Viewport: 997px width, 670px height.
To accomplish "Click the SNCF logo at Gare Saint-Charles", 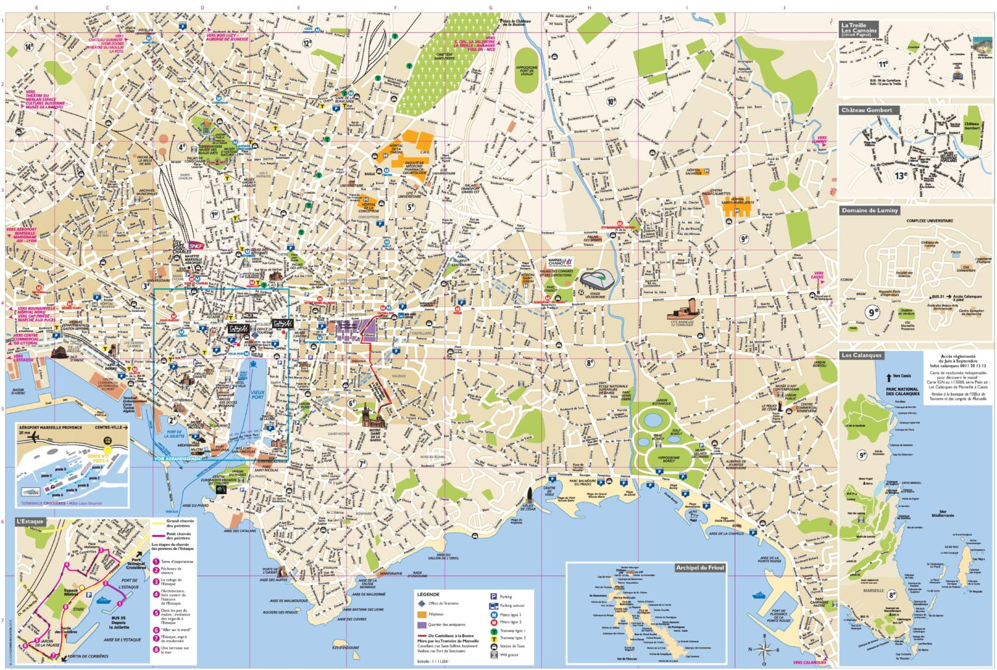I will tap(196, 246).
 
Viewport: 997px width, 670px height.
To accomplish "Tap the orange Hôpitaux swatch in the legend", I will tap(423, 614).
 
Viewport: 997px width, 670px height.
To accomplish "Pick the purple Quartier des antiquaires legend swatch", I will tap(423, 625).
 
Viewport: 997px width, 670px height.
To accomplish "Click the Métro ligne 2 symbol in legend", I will tap(493, 622).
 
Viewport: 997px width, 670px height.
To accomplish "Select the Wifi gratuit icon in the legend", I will tap(493, 654).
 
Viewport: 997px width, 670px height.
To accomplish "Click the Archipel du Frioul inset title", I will tap(699, 568).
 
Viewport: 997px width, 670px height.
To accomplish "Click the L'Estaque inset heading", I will tap(29, 521).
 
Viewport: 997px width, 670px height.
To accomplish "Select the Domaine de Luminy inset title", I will tap(870, 211).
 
